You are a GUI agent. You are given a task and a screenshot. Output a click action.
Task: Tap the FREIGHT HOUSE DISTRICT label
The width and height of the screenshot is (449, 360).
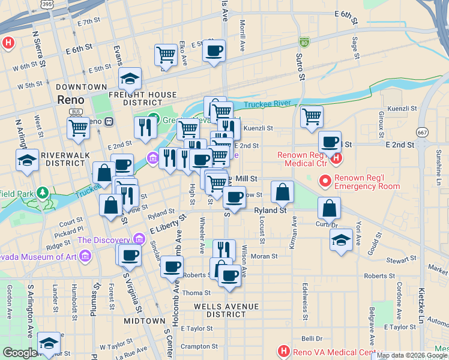coord(143,98)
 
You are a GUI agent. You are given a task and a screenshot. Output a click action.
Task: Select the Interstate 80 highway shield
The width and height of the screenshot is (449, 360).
coord(304,42)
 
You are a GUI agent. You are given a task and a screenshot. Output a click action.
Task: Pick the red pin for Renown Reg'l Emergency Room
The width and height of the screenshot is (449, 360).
coord(325,179)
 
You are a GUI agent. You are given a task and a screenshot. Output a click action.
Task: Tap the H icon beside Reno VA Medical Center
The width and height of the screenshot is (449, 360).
coord(283,350)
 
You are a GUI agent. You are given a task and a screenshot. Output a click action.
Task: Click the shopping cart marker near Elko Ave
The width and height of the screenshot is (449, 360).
coord(166,55)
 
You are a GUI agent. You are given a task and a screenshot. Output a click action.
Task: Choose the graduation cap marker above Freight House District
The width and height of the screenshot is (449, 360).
coord(129,77)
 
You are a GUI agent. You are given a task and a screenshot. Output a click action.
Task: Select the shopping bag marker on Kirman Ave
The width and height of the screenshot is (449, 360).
coord(282,192)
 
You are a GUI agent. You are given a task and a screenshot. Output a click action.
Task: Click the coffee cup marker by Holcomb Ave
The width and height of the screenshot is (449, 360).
coord(172,266)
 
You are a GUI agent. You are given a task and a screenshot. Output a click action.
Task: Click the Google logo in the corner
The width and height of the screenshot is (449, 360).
coord(20,353)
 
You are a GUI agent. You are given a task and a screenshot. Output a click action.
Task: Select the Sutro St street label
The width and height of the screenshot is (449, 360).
coord(300,65)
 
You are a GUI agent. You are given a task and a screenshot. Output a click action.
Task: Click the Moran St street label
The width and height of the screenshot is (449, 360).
coord(265,256)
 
